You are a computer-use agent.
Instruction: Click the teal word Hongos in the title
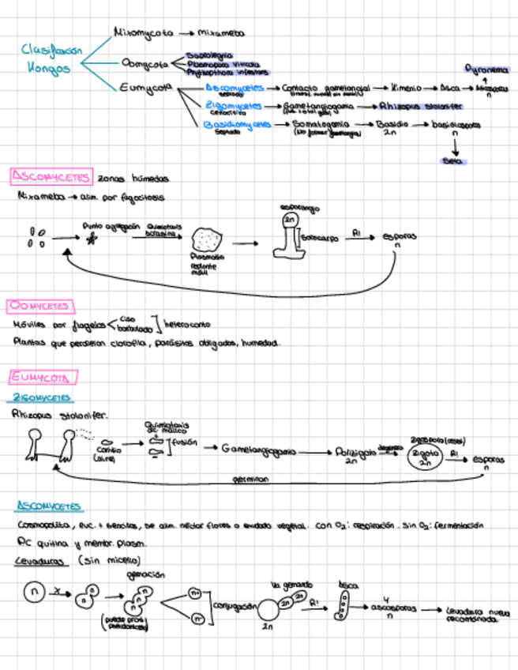[49, 68]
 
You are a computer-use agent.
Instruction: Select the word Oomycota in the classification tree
[145, 62]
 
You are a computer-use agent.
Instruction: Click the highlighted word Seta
[453, 161]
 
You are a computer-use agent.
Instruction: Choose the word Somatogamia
[320, 124]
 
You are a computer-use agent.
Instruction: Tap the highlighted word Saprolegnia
[209, 55]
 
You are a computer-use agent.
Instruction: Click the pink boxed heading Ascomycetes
[51, 176]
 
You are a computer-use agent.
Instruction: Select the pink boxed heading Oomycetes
[39, 306]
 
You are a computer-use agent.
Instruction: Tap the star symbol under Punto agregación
[92, 239]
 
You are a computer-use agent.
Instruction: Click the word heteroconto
[187, 324]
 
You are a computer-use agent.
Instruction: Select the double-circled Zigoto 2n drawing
[425, 458]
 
